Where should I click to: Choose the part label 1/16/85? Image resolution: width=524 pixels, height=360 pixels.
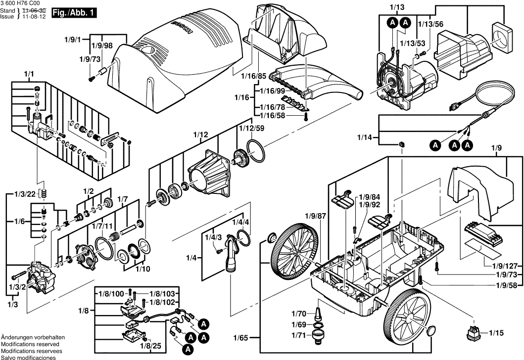(253, 76)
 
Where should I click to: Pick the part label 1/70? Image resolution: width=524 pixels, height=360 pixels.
(299, 314)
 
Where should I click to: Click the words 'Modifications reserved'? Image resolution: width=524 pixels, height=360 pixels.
(30, 343)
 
